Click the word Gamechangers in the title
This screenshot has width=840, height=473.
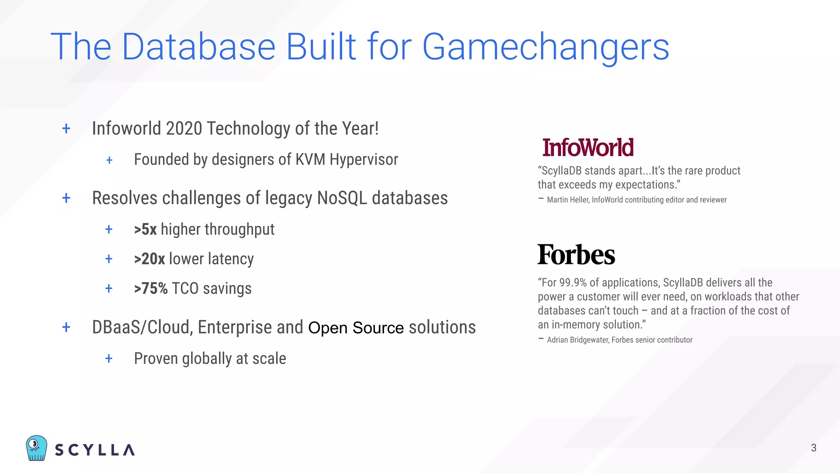click(x=546, y=47)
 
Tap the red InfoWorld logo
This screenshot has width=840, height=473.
click(x=588, y=148)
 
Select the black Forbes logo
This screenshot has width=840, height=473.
click(x=576, y=255)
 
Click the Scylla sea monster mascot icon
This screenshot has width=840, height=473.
click(x=36, y=448)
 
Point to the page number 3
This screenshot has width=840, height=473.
click(x=814, y=448)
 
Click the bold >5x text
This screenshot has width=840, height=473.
click(x=145, y=230)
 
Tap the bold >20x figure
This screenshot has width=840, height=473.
click(x=149, y=259)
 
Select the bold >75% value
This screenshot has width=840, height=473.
click(x=151, y=289)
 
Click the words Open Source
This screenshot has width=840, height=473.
click(x=356, y=328)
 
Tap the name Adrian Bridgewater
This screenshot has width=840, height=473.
click(x=577, y=340)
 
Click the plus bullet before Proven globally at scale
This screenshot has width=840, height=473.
click(x=109, y=359)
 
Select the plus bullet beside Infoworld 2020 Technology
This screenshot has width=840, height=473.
click(x=66, y=129)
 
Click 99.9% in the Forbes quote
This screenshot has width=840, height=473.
click(x=573, y=283)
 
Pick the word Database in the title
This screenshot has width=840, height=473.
click(x=199, y=47)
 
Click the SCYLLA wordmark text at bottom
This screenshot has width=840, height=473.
click(x=95, y=450)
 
